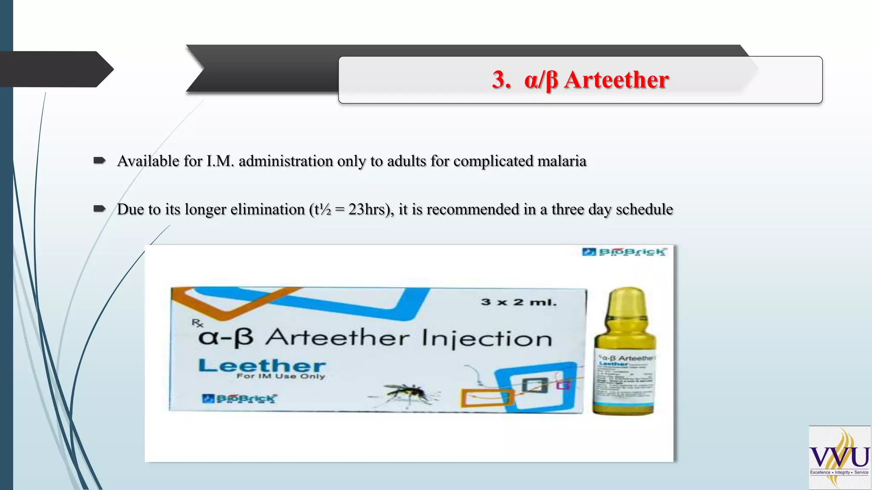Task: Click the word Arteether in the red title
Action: coord(616,80)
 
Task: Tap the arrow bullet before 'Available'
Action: coord(100,160)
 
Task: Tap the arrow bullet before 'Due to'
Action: coord(100,208)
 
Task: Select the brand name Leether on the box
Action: coord(262,365)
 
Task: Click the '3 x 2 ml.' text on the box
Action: coord(519,302)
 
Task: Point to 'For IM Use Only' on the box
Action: coord(281,376)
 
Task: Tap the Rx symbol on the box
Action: coord(197,323)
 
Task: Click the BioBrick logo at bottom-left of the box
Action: coord(239,399)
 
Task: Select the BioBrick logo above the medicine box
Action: coord(624,252)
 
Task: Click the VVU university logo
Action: coord(839,458)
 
